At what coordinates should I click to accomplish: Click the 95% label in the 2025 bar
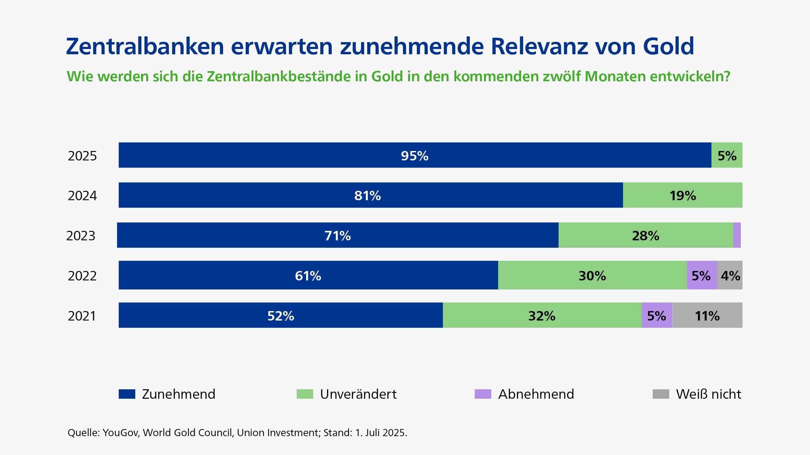414,156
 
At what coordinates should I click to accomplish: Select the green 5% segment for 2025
727,155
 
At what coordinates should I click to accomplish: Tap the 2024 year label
82,195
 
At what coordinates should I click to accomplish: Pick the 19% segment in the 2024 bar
682,195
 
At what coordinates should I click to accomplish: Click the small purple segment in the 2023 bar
737,235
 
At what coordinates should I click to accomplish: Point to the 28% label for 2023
645,236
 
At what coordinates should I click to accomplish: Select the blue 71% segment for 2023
337,235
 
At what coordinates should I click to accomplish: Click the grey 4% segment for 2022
730,275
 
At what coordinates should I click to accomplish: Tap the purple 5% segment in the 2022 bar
702,275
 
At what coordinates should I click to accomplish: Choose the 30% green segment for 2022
592,275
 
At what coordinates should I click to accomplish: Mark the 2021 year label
82,316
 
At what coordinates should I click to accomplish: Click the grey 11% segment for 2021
707,315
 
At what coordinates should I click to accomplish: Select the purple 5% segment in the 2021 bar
656,315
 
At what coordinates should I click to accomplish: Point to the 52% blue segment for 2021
280,315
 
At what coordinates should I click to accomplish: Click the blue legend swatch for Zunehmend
127,394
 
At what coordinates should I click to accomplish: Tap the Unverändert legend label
358,394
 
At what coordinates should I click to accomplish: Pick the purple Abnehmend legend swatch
483,394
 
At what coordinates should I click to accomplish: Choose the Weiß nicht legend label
708,394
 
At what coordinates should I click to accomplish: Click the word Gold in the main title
668,46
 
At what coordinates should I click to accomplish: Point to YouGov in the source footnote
121,432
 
